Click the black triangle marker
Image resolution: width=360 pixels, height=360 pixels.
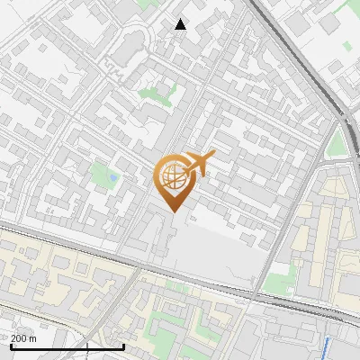(x=181, y=24)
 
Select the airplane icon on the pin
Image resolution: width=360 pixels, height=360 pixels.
(x=199, y=164)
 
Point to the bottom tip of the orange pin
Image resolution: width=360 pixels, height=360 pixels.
(x=174, y=211)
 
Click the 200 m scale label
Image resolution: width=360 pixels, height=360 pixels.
(x=24, y=338)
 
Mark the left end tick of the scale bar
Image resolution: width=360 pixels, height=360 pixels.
(x=10, y=346)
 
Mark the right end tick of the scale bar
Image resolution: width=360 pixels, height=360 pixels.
(x=123, y=346)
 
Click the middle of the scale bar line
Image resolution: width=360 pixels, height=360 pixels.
(x=67, y=346)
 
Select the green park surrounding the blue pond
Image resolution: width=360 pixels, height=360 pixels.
(x=103, y=173)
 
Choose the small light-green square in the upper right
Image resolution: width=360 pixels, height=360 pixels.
(x=335, y=67)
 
